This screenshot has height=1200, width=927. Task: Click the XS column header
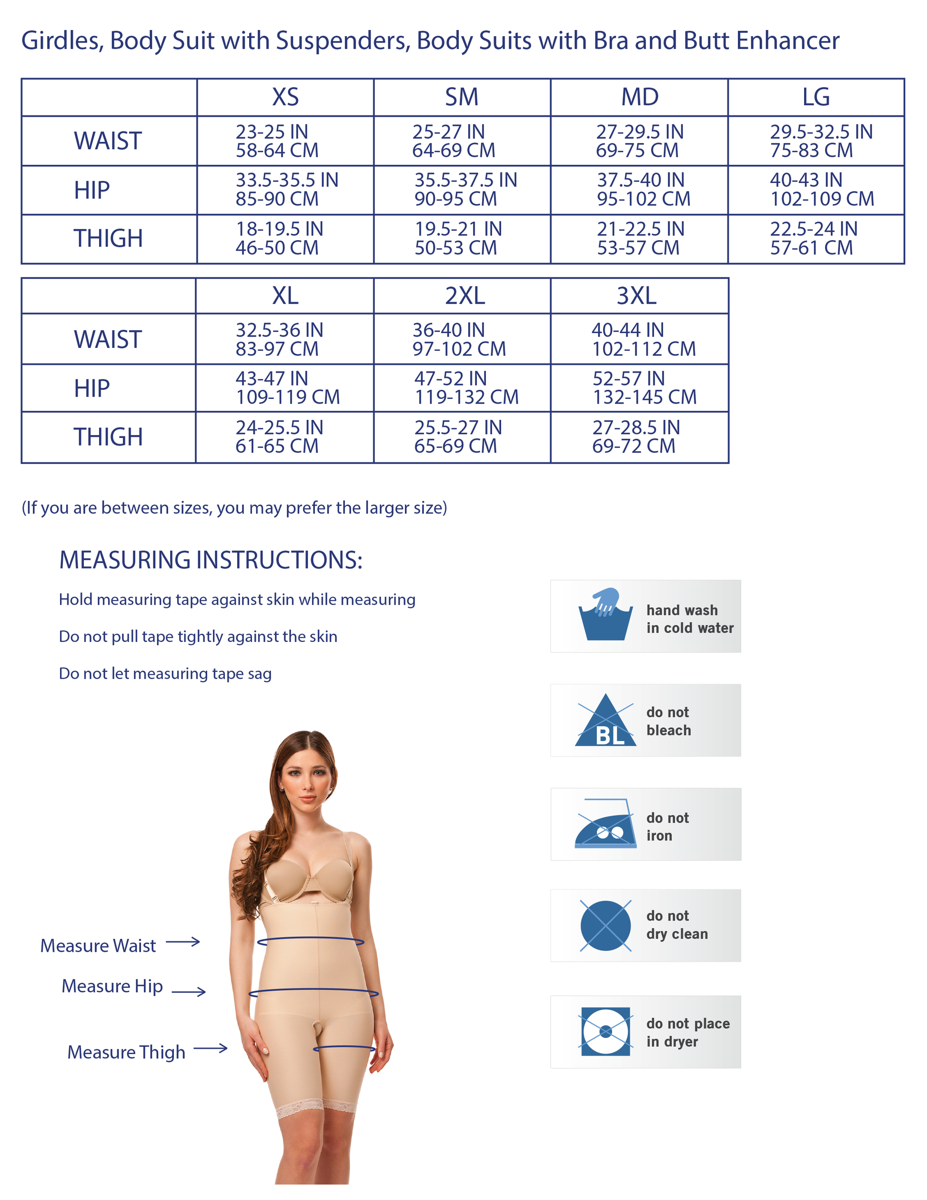click(x=285, y=97)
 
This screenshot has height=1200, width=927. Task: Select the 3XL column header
click(x=636, y=295)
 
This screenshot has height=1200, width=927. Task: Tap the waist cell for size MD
click(x=639, y=141)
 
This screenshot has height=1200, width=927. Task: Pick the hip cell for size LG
click(x=816, y=190)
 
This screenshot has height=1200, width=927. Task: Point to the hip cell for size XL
click(x=285, y=388)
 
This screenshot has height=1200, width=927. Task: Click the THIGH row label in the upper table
click(x=108, y=238)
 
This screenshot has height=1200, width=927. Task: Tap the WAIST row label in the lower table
click(x=108, y=339)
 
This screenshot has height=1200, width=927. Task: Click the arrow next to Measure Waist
click(x=183, y=942)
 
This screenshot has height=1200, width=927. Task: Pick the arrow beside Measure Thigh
click(x=211, y=1048)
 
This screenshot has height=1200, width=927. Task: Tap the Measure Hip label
click(x=112, y=986)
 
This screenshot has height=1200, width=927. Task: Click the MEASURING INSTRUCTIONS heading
click(x=211, y=560)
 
